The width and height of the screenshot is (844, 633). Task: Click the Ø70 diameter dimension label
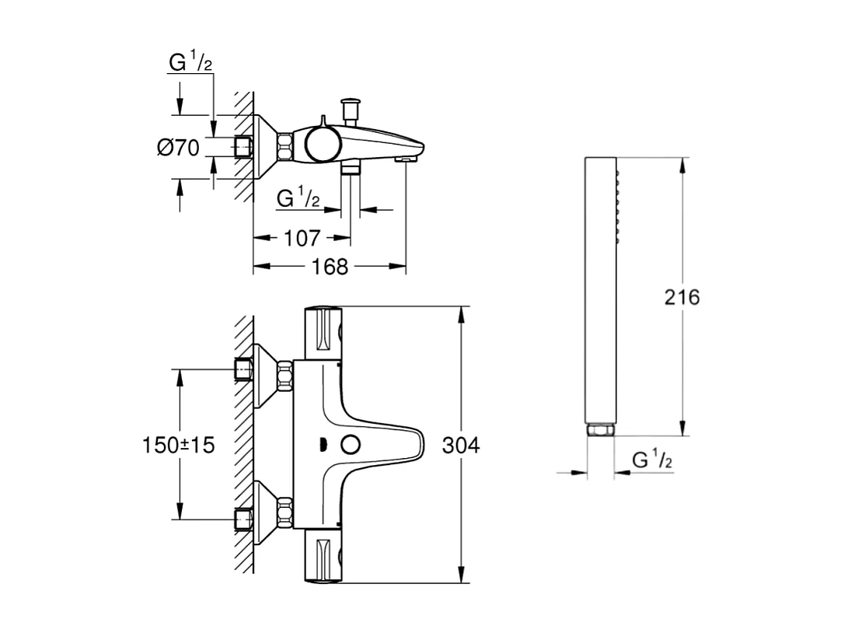tap(178, 148)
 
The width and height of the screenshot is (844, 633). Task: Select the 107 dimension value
tap(302, 238)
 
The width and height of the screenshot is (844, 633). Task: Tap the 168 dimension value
tap(330, 267)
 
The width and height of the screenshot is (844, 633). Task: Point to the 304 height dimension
tap(461, 446)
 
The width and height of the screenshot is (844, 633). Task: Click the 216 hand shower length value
tap(682, 297)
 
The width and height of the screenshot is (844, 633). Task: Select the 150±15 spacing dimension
tap(178, 446)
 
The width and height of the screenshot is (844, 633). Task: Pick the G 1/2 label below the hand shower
tap(652, 460)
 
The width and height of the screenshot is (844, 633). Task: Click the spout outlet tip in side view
tap(406, 158)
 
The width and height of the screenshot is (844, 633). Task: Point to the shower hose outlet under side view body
tap(351, 168)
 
